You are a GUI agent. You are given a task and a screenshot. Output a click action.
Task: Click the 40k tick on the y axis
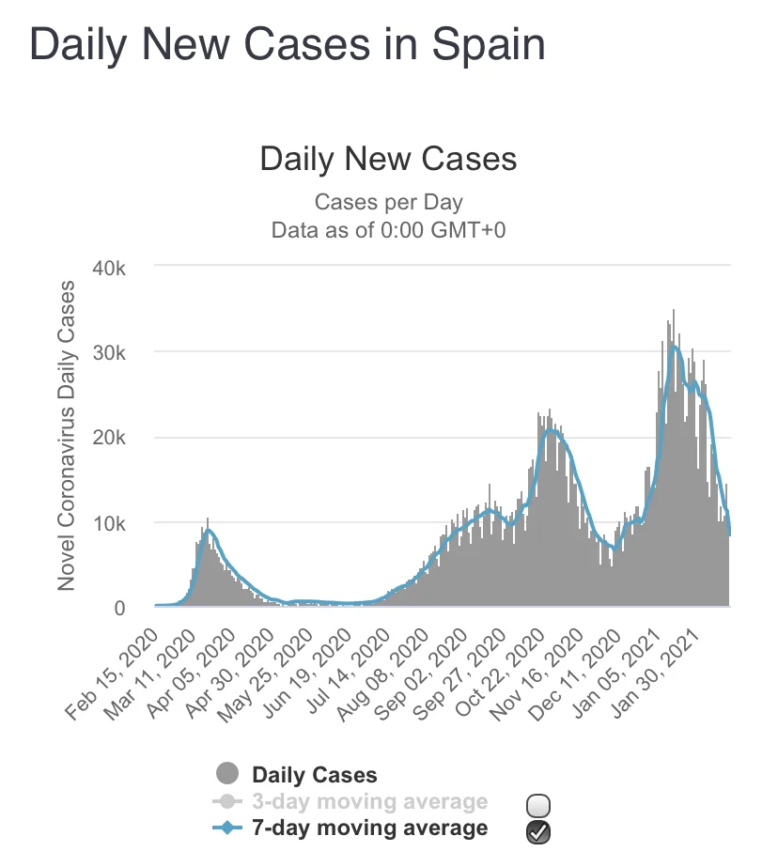pyautogui.click(x=120, y=268)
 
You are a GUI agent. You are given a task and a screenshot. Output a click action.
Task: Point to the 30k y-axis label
pyautogui.click(x=120, y=352)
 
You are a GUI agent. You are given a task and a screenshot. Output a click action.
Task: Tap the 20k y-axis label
pyautogui.click(x=120, y=438)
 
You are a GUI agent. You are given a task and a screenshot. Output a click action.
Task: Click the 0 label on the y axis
pyautogui.click(x=132, y=608)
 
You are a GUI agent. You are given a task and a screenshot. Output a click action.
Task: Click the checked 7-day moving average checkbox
pyautogui.click(x=538, y=830)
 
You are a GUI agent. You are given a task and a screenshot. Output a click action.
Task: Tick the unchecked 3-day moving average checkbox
pyautogui.click(x=538, y=805)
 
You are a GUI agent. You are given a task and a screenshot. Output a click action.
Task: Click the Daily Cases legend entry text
pyautogui.click(x=314, y=775)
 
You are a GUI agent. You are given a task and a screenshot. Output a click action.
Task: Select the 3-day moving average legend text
pyautogui.click(x=369, y=801)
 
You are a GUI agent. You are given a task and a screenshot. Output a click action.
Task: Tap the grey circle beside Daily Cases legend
pyautogui.click(x=226, y=775)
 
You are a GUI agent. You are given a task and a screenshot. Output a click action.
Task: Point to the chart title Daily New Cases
pyautogui.click(x=388, y=158)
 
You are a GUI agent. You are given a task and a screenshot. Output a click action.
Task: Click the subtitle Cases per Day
pyautogui.click(x=388, y=201)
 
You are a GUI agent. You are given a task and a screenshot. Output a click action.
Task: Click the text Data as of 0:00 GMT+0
pyautogui.click(x=388, y=230)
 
